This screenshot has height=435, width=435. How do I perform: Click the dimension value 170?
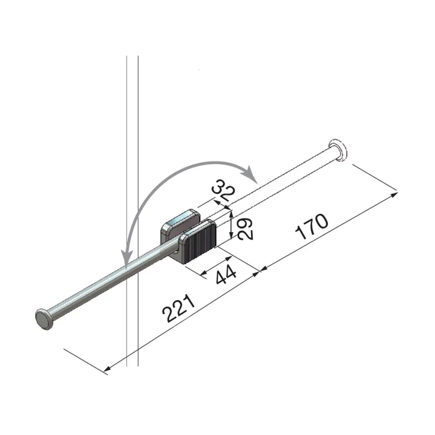coord(312,226)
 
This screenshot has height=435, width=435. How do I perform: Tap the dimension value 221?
coord(179,308)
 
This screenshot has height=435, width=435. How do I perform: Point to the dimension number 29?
coord(245,229)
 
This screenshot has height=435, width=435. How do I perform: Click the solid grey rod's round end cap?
coord(43,319)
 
